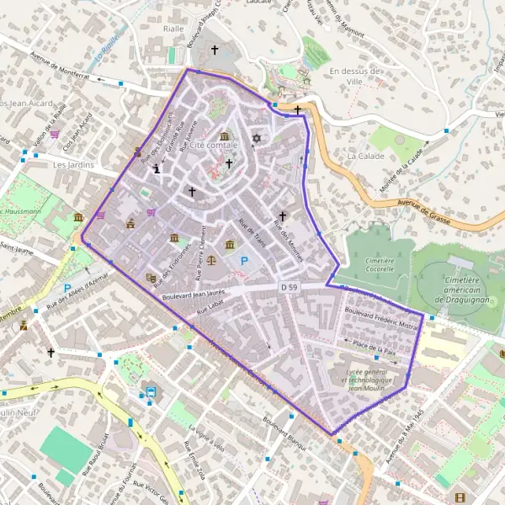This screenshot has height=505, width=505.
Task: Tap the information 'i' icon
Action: coord(157,168)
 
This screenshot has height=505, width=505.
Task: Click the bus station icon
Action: coord(151,392)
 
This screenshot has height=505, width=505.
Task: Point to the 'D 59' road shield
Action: coord(289,288)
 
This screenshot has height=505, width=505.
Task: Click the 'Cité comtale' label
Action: coord(215,146)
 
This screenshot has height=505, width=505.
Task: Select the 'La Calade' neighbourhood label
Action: coord(365,156)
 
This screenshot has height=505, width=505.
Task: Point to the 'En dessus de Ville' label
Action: coord(357,77)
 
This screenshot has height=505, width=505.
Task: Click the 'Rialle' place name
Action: coord(173,29)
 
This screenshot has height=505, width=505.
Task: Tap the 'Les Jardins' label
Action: coord(71,165)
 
